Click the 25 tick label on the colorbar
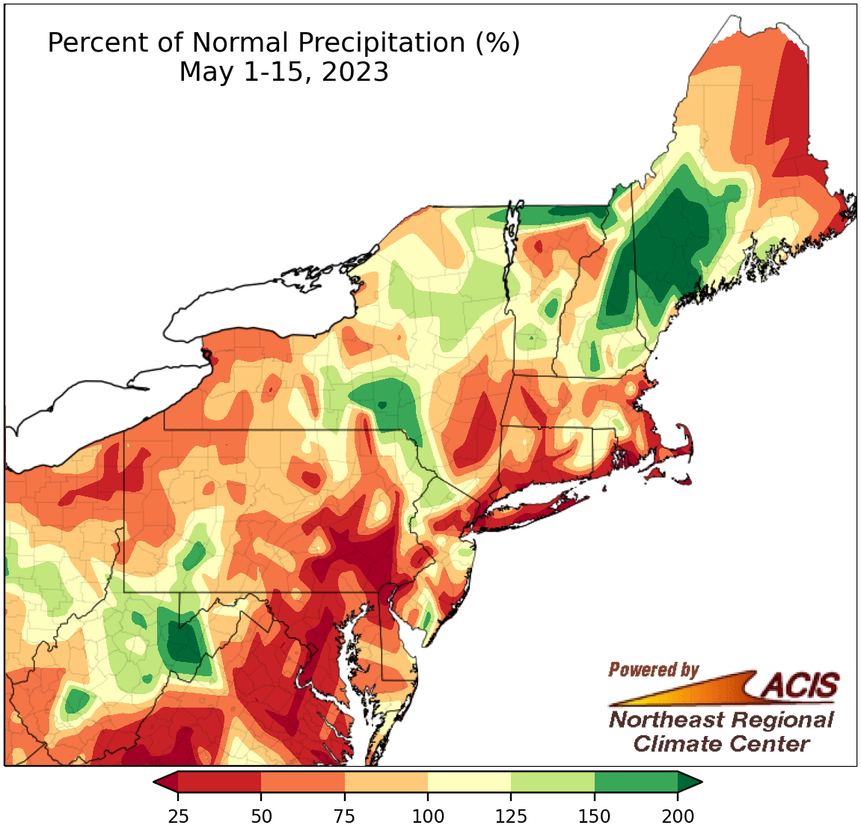point(177,816)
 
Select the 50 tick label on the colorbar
point(261,816)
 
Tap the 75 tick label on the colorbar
point(344,816)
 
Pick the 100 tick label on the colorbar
point(428,816)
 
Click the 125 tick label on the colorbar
point(511,816)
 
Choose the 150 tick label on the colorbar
point(595,816)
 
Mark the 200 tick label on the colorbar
point(678,816)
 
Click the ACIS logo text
point(800,684)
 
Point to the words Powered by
point(653,669)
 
